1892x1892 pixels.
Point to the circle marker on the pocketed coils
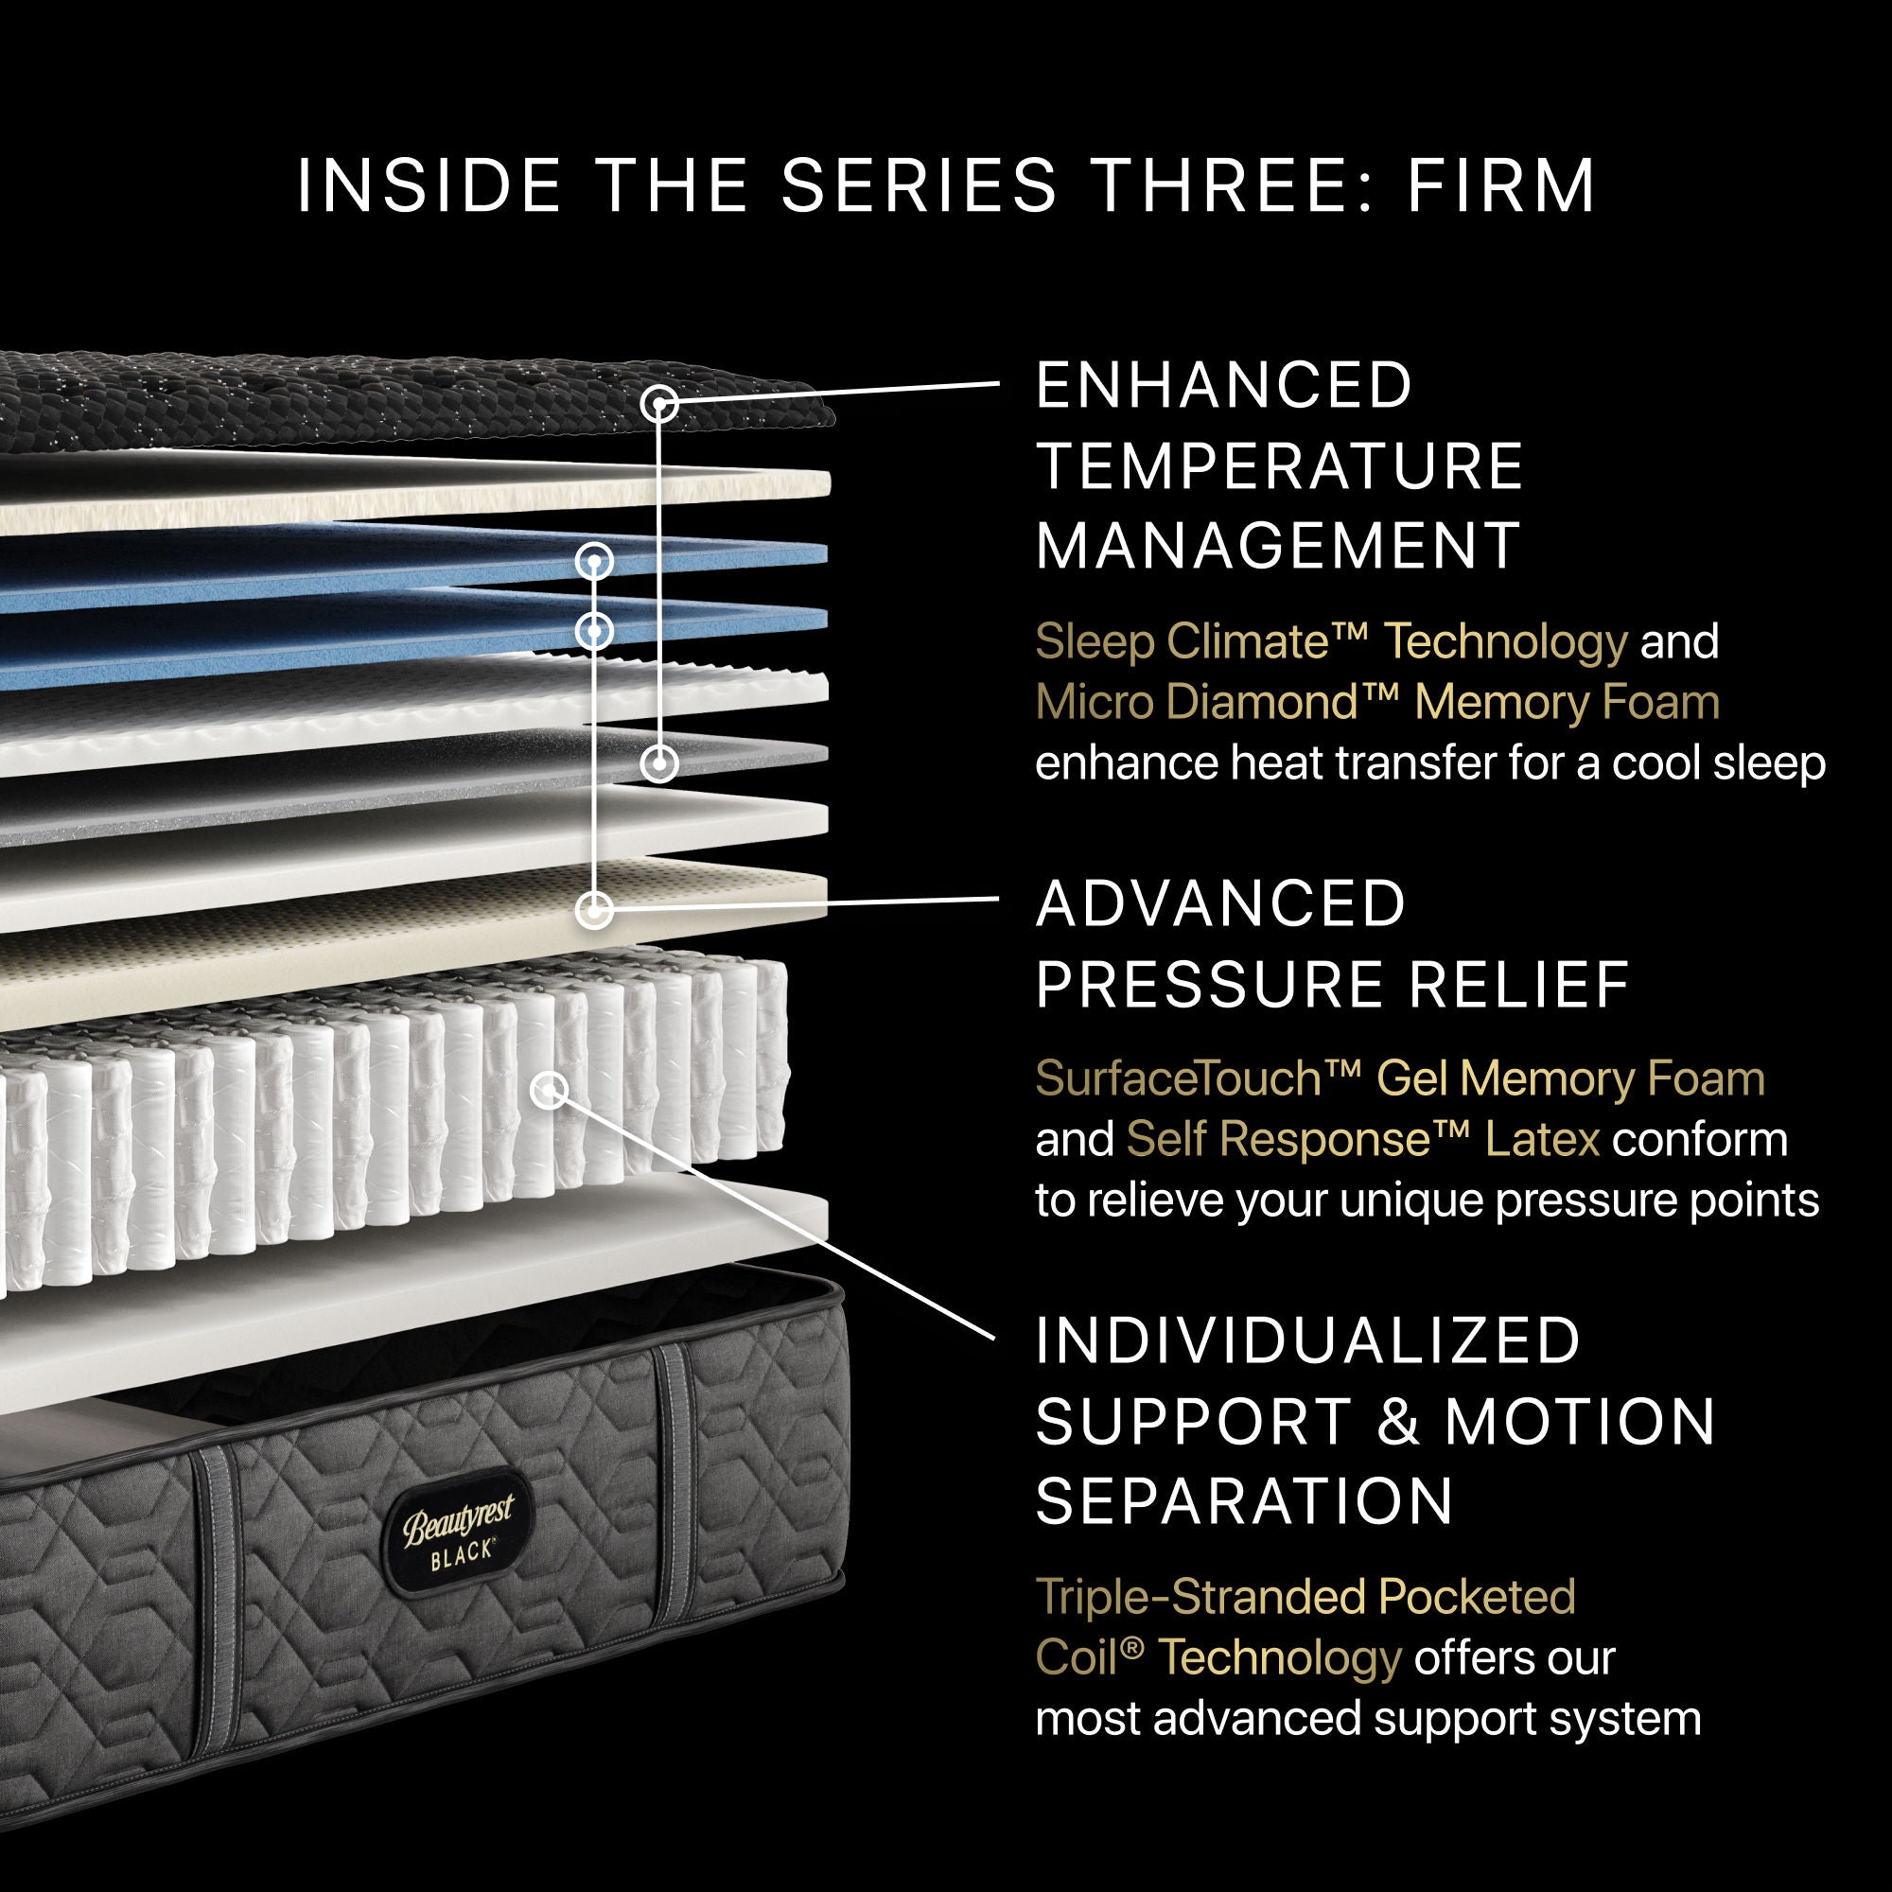[550, 1089]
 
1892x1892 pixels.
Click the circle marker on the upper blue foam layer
[593, 561]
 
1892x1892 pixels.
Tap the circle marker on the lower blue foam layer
[593, 631]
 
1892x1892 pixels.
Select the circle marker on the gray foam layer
[660, 762]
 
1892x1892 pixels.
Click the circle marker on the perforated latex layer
[593, 910]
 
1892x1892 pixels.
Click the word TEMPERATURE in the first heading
[1279, 465]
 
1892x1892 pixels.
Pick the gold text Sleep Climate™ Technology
[1331, 642]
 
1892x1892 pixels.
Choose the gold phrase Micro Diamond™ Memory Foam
[1376, 702]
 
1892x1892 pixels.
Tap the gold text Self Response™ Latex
[1362, 1139]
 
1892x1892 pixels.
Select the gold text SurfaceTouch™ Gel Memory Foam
[1399, 1078]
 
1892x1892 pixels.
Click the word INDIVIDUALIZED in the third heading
[1308, 1340]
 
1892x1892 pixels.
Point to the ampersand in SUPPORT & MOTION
[1398, 1421]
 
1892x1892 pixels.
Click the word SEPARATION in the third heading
[1244, 1500]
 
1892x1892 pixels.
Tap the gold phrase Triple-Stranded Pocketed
[1305, 1596]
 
